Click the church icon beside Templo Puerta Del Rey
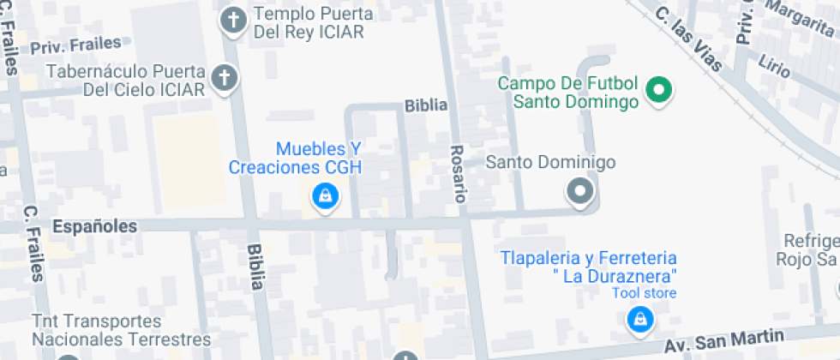click(x=233, y=21)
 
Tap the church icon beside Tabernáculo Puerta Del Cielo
click(x=225, y=79)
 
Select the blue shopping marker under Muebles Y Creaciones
click(x=325, y=197)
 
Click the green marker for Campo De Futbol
click(x=658, y=89)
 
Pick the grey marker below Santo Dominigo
click(x=581, y=191)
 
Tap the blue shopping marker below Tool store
click(x=638, y=321)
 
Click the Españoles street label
click(x=94, y=227)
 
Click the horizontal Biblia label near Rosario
click(x=426, y=105)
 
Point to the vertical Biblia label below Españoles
click(x=255, y=267)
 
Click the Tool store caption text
click(x=644, y=293)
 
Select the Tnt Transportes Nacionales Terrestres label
click(x=121, y=330)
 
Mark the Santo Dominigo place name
click(x=551, y=162)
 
